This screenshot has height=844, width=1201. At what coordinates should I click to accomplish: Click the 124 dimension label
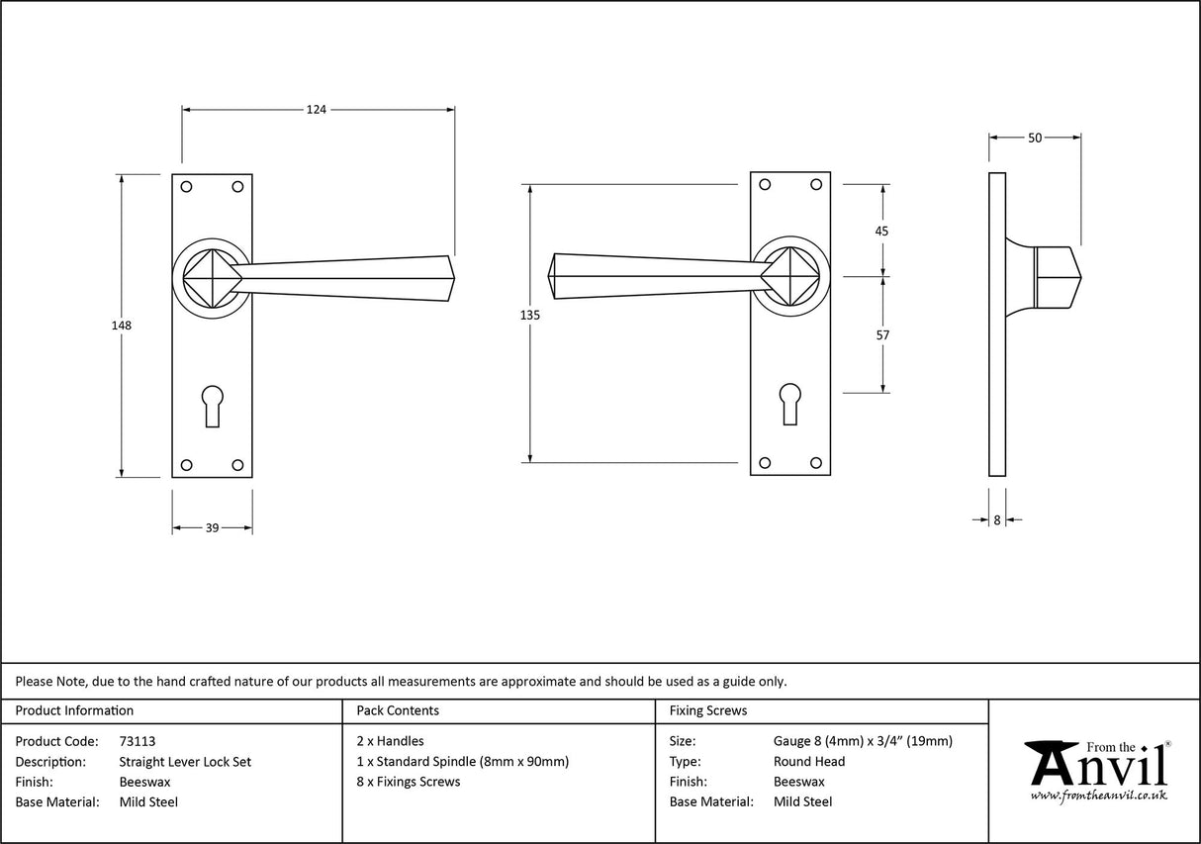click(x=316, y=110)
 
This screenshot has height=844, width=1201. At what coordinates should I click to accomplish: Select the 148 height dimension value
click(x=122, y=325)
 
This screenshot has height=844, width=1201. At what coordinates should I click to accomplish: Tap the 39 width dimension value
click(x=212, y=528)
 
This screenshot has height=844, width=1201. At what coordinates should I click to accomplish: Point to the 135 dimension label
click(x=529, y=315)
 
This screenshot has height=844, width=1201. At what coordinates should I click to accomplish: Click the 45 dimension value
click(x=882, y=231)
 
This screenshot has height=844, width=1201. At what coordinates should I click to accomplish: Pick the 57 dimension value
click(x=882, y=335)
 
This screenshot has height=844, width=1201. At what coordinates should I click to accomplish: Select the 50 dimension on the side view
click(x=1035, y=139)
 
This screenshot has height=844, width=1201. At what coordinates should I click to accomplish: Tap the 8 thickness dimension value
click(x=997, y=519)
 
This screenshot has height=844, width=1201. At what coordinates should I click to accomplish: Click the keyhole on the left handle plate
click(x=212, y=406)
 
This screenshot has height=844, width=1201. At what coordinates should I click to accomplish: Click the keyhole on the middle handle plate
click(x=789, y=404)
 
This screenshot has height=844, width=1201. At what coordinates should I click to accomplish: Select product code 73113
click(x=137, y=740)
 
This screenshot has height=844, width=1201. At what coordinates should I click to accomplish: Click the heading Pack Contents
click(x=398, y=710)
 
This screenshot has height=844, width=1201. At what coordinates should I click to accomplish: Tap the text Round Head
click(x=809, y=761)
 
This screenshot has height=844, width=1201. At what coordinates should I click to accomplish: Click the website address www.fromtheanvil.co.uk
click(x=1098, y=796)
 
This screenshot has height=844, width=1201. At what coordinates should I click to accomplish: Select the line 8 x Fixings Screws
click(x=408, y=782)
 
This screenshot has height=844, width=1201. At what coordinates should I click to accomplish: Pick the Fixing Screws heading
click(x=708, y=710)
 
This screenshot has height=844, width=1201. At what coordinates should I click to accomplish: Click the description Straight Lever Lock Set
click(x=185, y=761)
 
